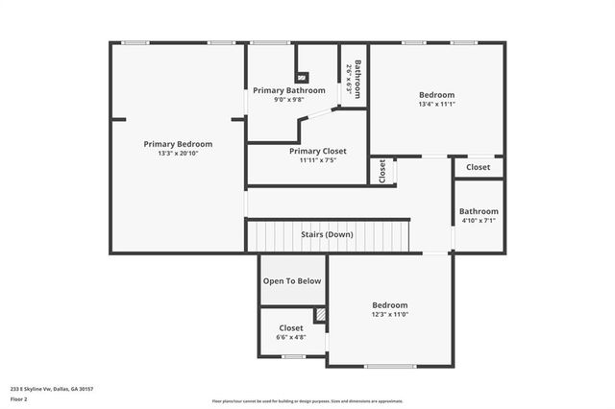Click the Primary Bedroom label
178,144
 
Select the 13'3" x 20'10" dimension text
178,154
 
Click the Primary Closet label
317,151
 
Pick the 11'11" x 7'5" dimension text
317,160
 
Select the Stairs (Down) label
327,234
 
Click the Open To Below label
292,281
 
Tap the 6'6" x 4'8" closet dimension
291,337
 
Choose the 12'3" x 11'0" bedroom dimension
390,315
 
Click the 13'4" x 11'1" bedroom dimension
436,105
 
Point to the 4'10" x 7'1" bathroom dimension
479,221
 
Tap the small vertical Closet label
381,171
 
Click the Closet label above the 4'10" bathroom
478,167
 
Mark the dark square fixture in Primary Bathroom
303,77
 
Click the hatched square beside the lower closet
321,315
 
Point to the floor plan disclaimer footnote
307,401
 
